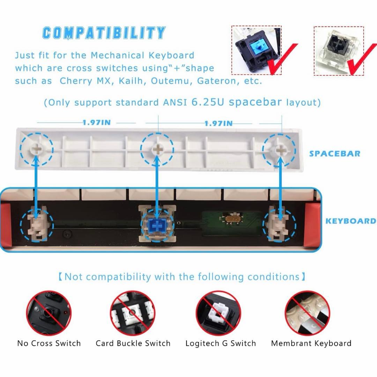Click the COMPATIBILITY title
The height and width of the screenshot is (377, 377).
pyautogui.click(x=104, y=33)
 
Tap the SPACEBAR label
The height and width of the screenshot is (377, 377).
pyautogui.click(x=335, y=154)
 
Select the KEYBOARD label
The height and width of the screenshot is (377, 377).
pyautogui.click(x=351, y=221)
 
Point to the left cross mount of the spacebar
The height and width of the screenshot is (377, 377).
pyautogui.click(x=37, y=149)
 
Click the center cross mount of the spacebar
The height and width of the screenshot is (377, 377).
pyautogui.click(x=157, y=149)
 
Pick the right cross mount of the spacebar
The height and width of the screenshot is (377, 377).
pyautogui.click(x=279, y=150)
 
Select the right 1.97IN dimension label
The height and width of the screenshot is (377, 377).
pyautogui.click(x=219, y=123)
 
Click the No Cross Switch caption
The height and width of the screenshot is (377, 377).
pyautogui.click(x=49, y=343)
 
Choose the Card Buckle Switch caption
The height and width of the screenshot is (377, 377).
pyautogui.click(x=133, y=343)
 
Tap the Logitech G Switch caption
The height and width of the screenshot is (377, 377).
pyautogui.click(x=221, y=343)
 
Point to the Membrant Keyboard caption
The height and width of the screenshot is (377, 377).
pyautogui.click(x=311, y=343)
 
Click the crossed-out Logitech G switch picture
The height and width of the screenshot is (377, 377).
pyautogui.click(x=218, y=313)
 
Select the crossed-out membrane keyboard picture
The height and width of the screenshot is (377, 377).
pyautogui.click(x=307, y=313)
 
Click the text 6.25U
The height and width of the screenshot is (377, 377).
pyautogui.click(x=208, y=102)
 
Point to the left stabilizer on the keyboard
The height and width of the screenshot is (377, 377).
pyautogui.click(x=37, y=224)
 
